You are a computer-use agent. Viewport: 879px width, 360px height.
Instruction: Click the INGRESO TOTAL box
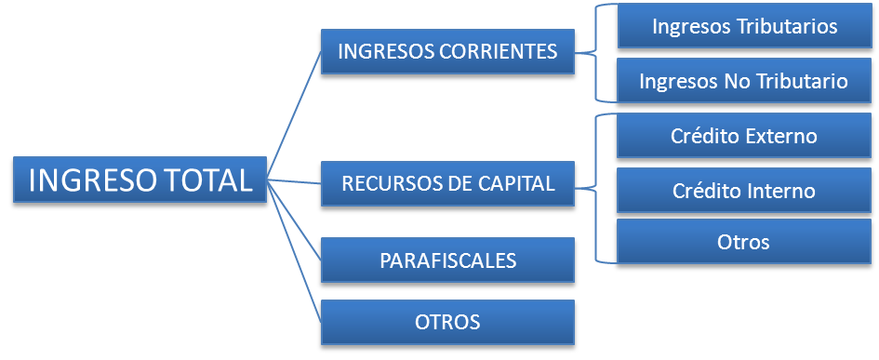coord(140,180)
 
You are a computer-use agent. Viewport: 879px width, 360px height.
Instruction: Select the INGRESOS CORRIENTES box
coord(447,51)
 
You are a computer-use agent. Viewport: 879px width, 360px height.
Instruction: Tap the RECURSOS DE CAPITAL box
coord(447,182)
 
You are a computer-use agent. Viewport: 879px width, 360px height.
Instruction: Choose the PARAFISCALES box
coord(447,260)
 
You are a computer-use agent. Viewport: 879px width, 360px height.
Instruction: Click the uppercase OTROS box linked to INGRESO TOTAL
coord(447,323)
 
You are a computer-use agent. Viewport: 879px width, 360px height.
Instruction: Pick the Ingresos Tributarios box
coord(744,26)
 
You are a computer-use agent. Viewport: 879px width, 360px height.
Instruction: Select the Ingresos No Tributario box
coord(744,81)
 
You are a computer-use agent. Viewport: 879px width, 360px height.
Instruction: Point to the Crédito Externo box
coord(744,136)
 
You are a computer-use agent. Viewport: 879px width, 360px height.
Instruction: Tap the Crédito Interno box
coord(744,191)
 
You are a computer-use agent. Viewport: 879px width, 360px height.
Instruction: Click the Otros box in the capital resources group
coord(744,242)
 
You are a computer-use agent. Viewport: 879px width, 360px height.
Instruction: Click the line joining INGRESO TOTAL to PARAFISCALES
coord(294,219)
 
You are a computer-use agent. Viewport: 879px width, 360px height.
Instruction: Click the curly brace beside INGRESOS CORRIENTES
coord(596,53)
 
